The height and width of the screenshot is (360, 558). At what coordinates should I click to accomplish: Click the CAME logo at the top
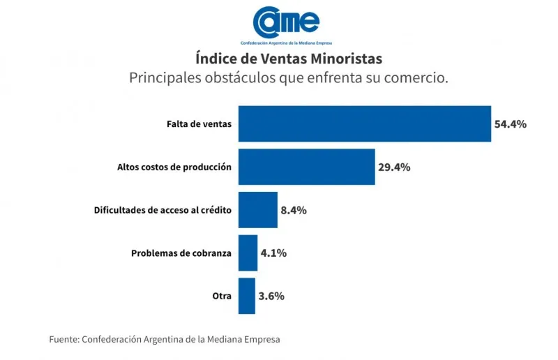[x=286, y=21]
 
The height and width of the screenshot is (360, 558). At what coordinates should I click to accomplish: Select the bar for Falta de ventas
[x=364, y=124]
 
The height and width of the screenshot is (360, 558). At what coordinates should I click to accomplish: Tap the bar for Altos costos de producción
[x=306, y=167]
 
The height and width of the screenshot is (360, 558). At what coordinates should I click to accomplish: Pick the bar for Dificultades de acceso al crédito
[x=257, y=210]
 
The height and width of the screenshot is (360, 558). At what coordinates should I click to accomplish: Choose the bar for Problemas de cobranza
[x=248, y=253]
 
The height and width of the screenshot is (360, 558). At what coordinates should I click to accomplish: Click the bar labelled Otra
[x=246, y=296]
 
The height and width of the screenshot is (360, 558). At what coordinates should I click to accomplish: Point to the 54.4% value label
[x=510, y=124]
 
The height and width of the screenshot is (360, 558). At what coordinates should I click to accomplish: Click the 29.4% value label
[x=394, y=167]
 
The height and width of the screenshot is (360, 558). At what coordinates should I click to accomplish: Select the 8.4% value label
[x=294, y=210]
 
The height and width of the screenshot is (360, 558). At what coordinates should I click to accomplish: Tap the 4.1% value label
[x=273, y=253]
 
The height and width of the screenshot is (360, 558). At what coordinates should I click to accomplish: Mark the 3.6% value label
[x=271, y=296]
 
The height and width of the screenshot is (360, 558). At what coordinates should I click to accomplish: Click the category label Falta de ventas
[x=199, y=124]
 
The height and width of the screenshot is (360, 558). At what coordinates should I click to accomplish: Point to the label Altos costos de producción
[x=174, y=167]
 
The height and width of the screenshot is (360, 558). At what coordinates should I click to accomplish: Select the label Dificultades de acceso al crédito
[x=163, y=210]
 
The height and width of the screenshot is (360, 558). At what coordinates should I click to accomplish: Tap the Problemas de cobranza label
[x=181, y=253]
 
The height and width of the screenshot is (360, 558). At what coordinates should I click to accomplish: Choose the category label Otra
[x=222, y=296]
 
